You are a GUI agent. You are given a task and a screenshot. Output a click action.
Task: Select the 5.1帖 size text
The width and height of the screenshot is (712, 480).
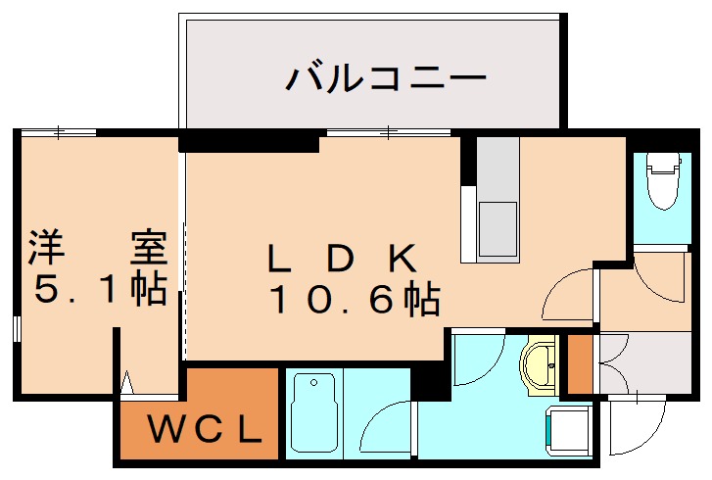point(97,290)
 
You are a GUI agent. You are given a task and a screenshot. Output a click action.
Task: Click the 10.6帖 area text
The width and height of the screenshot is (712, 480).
point(354,299)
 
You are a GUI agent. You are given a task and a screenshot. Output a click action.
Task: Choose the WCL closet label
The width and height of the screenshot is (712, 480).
point(205,428)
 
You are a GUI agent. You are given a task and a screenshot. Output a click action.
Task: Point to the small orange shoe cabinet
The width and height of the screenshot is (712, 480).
point(580,363)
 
